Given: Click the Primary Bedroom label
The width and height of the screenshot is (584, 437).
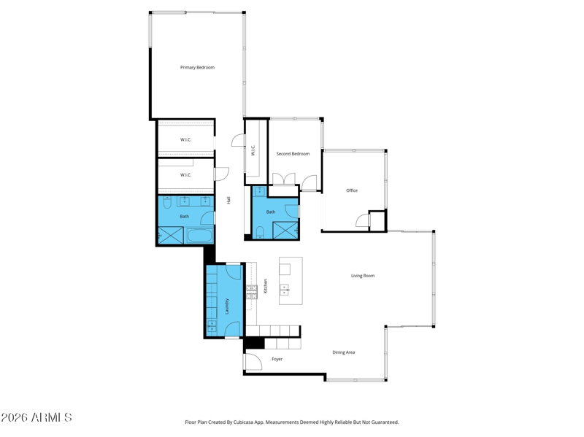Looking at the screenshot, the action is [x=197, y=67].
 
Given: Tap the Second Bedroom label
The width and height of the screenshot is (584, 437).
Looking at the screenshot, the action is [x=293, y=154].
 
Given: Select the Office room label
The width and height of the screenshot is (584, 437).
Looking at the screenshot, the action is [x=352, y=190].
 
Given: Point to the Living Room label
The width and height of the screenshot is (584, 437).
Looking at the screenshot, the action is [x=363, y=276].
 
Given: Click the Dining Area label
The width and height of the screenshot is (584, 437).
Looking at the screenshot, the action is [x=343, y=352].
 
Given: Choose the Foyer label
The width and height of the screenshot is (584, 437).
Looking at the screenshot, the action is [x=277, y=359].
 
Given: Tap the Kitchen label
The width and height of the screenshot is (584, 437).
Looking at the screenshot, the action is [x=266, y=286].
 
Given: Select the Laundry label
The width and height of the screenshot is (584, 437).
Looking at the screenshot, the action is [x=227, y=306].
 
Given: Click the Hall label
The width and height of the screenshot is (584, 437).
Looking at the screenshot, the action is [x=228, y=200].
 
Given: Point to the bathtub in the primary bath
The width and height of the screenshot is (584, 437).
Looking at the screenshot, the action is [x=199, y=236].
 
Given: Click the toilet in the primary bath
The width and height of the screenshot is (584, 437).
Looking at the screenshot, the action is [x=167, y=202].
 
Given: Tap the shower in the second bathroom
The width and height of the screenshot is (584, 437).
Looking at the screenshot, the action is [x=285, y=230].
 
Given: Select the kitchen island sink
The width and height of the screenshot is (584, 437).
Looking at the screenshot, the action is [x=285, y=290].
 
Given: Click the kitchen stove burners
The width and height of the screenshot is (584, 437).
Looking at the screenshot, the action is [x=251, y=292].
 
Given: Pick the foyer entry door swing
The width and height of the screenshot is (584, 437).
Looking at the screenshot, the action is [x=253, y=361].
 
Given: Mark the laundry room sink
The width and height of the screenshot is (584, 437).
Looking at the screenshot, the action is [x=212, y=325].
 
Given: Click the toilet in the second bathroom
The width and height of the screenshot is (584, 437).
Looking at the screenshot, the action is [x=261, y=232].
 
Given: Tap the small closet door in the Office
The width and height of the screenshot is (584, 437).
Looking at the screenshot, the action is [x=362, y=220].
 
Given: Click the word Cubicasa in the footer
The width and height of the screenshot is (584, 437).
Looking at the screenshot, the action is [x=244, y=422].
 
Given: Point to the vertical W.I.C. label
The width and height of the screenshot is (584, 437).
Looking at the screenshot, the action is [x=253, y=150].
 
